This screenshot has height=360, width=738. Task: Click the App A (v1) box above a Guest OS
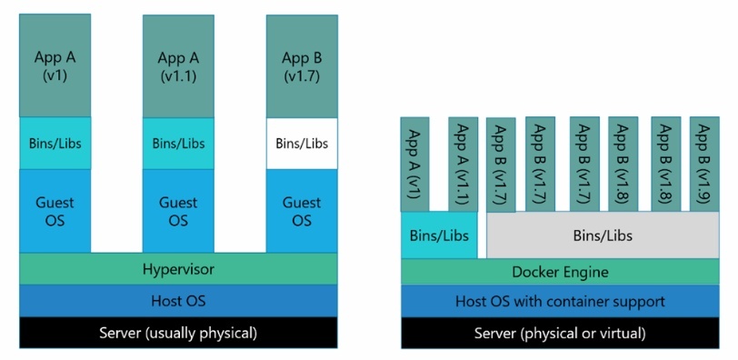click(x=55, y=65)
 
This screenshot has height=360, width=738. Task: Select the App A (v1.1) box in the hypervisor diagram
click(x=178, y=65)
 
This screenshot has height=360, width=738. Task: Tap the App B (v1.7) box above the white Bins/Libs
click(x=301, y=65)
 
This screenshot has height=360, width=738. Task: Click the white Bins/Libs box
click(x=301, y=143)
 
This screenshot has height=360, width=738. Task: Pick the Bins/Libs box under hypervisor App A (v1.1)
click(x=178, y=143)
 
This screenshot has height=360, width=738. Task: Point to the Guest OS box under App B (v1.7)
click(x=301, y=210)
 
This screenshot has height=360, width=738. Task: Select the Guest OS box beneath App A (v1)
click(x=55, y=210)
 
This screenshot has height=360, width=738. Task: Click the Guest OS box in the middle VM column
click(x=178, y=210)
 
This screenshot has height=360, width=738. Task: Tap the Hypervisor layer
click(x=178, y=268)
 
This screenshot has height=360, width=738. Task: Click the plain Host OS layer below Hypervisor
click(x=178, y=300)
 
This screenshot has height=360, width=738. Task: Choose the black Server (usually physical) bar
click(x=178, y=332)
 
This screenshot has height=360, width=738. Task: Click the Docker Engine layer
click(x=560, y=271)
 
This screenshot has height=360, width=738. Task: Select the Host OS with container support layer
click(x=560, y=301)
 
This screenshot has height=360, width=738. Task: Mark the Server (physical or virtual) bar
click(x=560, y=333)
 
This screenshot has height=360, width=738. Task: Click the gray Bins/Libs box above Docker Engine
click(x=603, y=235)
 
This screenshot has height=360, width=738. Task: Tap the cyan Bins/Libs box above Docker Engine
click(x=439, y=235)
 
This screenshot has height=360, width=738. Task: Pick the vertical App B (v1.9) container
click(x=704, y=164)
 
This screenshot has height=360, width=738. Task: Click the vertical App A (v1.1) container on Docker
click(x=463, y=164)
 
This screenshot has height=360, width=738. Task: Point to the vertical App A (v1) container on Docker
click(x=415, y=164)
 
